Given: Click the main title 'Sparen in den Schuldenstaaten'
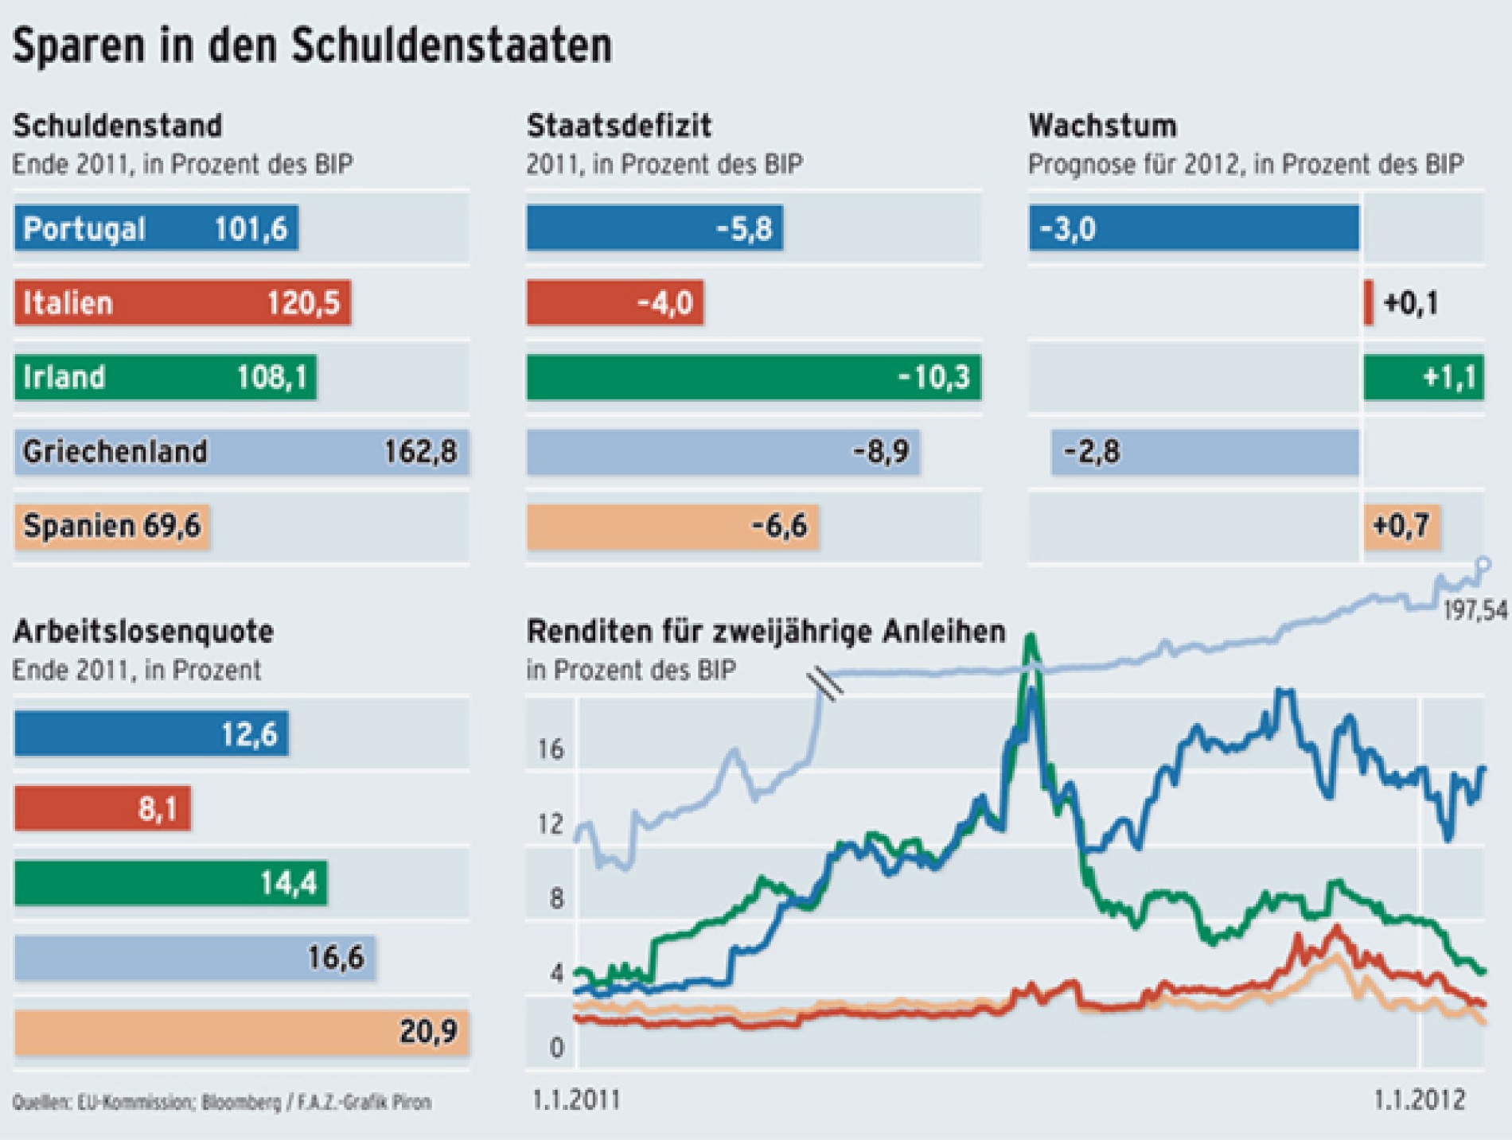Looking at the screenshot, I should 312,45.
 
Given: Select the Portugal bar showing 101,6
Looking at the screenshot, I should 156,228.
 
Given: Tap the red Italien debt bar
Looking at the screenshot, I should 182,302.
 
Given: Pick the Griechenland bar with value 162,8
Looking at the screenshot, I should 241,452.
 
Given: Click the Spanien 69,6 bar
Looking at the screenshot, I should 111,526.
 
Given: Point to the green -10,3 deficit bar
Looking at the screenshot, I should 754,377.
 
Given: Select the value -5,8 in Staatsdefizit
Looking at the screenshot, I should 743,229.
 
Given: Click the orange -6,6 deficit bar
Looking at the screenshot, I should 672,526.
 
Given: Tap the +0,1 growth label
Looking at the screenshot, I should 1411,303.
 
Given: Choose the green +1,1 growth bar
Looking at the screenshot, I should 1424,377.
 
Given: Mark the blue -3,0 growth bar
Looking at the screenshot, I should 1194,228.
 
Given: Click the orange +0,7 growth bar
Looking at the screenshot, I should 1401,526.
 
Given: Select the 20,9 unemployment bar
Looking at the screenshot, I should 241,1032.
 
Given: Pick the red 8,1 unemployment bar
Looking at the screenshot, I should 103,808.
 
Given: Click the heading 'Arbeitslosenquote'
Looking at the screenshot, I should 143,632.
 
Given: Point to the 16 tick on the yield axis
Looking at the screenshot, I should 550,749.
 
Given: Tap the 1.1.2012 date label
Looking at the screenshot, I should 1419,1100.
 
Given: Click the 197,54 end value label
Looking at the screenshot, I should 1475,611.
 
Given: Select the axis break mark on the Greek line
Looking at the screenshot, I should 824,684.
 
